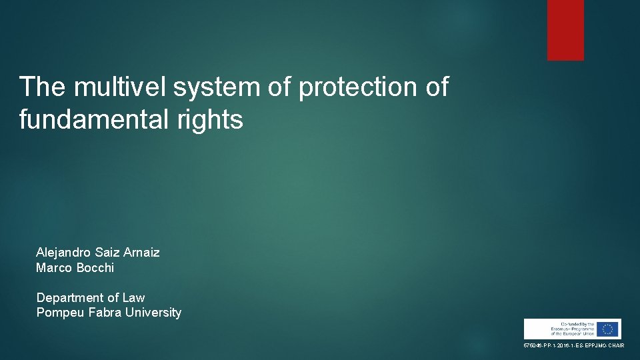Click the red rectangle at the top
(565, 30)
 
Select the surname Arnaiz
(140, 253)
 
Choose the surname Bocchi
(95, 267)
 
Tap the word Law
(133, 298)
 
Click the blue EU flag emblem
(607, 329)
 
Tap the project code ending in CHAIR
(573, 345)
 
